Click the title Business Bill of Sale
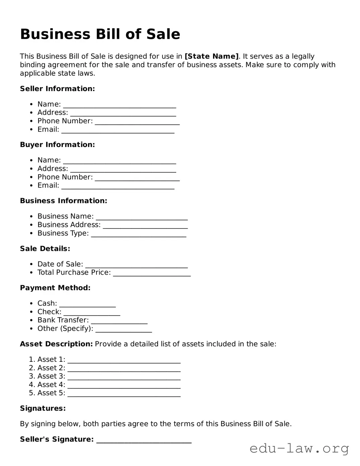(100, 34)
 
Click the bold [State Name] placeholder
(212, 56)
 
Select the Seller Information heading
(57, 89)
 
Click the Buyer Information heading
(57, 145)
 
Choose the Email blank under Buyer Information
(118, 186)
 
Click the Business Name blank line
(142, 217)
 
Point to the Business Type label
(63, 233)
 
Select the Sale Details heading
(45, 249)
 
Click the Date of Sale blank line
(136, 265)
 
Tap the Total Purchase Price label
(74, 272)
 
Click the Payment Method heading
(55, 288)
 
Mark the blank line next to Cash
(87, 304)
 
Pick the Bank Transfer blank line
(119, 321)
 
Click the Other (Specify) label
(65, 328)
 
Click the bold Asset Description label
(56, 344)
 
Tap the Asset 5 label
(51, 393)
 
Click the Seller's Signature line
(144, 440)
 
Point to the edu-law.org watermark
(299, 448)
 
